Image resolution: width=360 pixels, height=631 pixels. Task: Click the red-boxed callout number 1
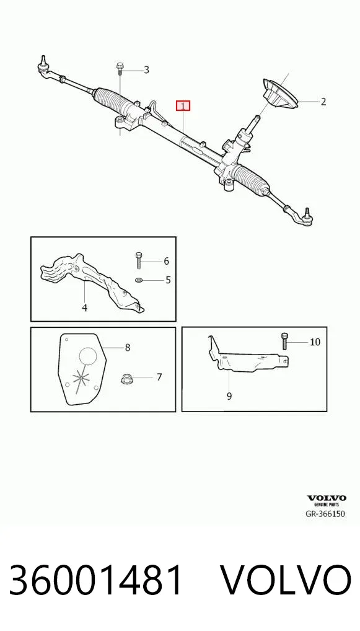pos(183,106)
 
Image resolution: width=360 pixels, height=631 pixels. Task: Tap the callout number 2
pos(323,102)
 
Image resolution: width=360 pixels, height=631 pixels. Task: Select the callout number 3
pos(146,70)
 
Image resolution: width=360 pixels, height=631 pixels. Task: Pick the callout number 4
pos(84,308)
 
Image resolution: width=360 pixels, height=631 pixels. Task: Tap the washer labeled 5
pos(139,280)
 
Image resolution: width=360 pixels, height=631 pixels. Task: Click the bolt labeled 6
pos(139,260)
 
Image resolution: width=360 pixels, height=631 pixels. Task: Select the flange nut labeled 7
pos(126,379)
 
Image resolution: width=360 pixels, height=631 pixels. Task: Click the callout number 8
pos(128,347)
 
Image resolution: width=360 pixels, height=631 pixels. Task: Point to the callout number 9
pos(229,396)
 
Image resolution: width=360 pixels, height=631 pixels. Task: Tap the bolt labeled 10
pos(285,342)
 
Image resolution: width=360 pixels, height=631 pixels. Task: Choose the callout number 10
pos(315,342)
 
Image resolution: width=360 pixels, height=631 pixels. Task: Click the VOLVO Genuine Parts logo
pos(326,500)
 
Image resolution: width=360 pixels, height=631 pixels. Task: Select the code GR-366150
pos(325,513)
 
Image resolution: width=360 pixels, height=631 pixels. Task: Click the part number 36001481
pos(96,580)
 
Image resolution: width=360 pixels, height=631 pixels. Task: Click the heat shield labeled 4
pos(92,281)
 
